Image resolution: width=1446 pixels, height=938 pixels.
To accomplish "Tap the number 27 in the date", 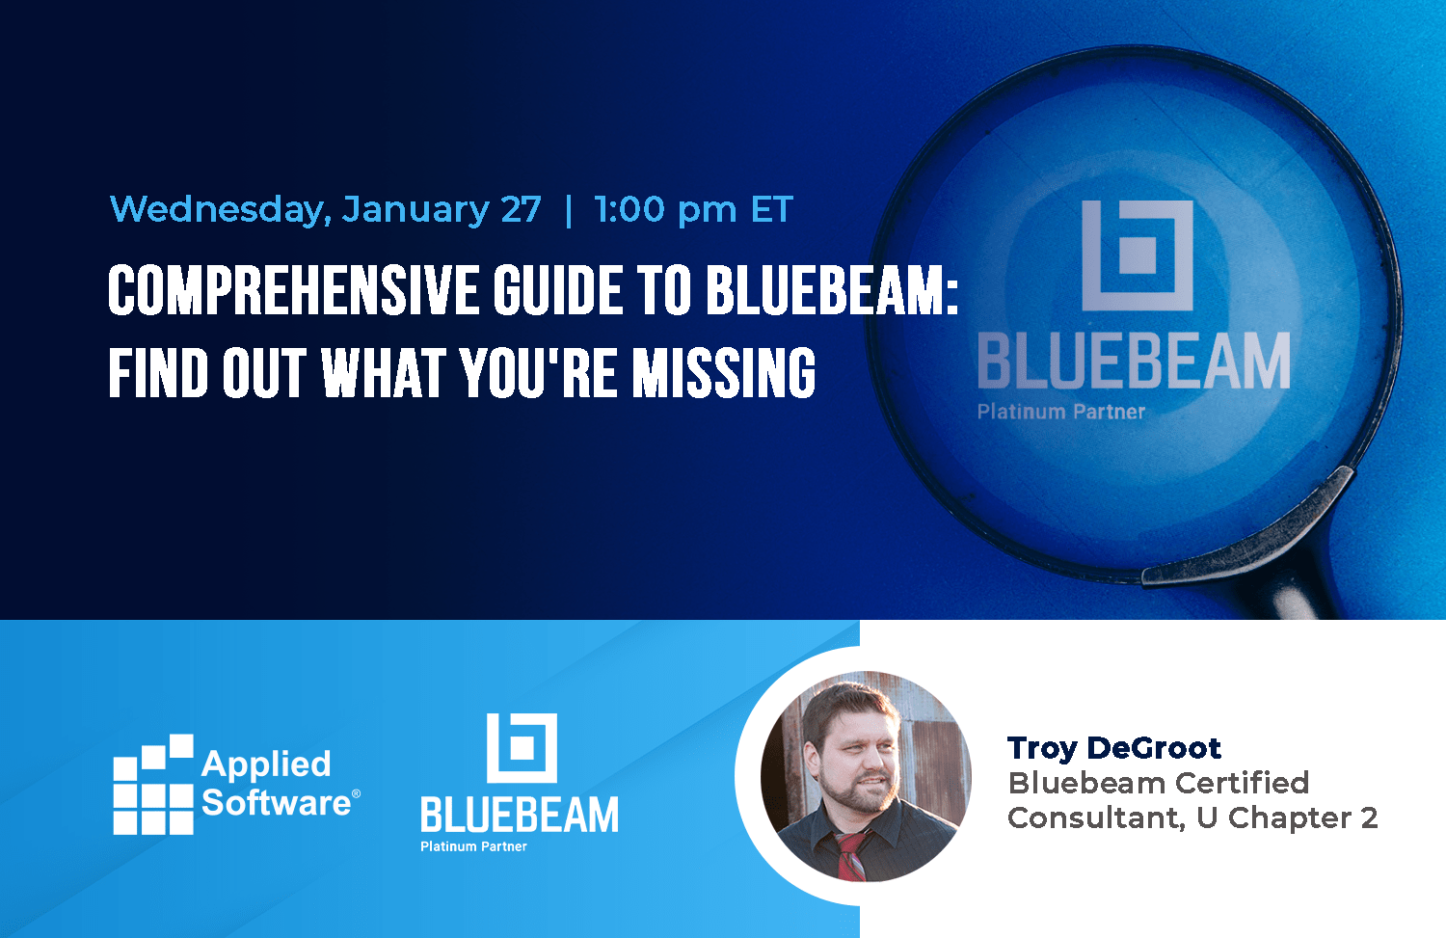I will tap(521, 210).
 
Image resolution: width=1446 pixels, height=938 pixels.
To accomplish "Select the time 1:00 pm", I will tap(665, 210).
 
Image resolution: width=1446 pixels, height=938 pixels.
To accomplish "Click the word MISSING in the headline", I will tap(723, 374).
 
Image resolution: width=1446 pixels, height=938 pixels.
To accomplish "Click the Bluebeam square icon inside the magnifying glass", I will tap(1138, 255).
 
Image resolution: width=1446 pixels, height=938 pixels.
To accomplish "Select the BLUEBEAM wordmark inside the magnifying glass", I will tap(1134, 362).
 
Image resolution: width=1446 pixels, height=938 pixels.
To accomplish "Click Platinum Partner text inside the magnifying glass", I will tap(1061, 412).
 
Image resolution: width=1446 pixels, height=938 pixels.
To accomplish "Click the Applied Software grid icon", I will tap(153, 786).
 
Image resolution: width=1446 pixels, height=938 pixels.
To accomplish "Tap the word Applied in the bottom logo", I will tap(266, 764).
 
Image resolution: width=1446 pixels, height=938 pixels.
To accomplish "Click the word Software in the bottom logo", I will tap(276, 803).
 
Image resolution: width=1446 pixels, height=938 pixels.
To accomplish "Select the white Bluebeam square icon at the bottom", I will tap(522, 747).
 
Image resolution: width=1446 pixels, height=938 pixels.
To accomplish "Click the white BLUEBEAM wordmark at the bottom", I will tap(520, 816).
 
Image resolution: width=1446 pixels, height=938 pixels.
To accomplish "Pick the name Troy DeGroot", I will tap(1114, 748).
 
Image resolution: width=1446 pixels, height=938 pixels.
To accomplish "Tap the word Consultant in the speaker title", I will tap(1095, 818).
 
